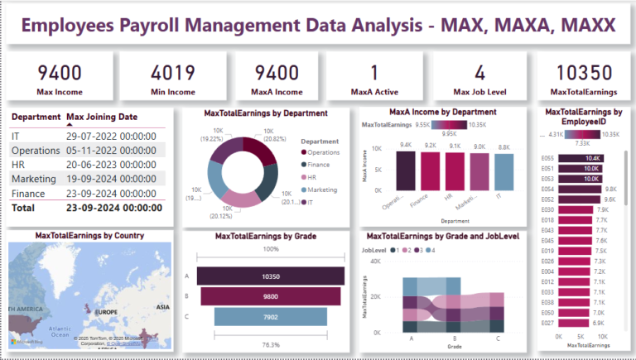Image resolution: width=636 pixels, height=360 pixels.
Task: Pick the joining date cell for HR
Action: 111,164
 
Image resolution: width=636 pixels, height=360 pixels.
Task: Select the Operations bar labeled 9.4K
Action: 406,170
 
